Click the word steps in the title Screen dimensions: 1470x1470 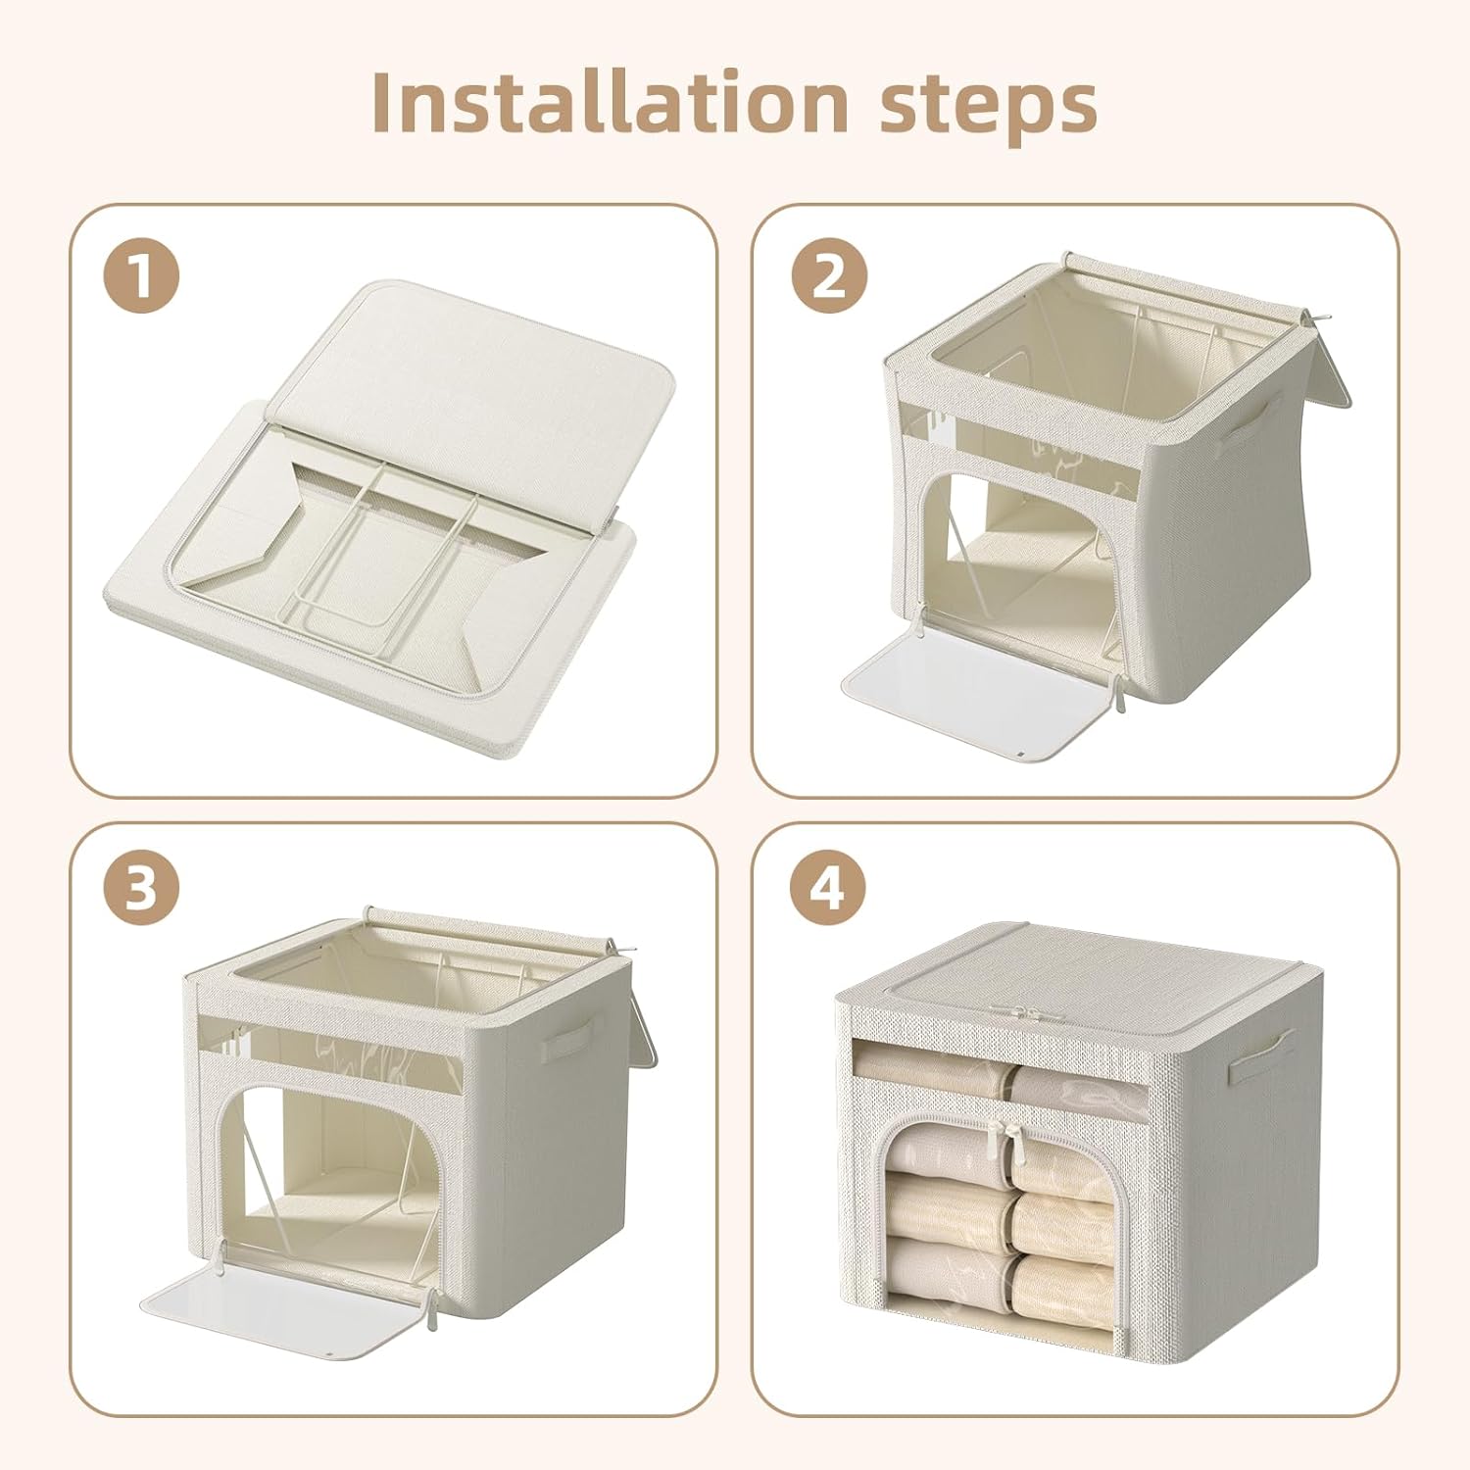click(x=988, y=106)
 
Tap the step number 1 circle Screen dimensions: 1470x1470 click(x=141, y=276)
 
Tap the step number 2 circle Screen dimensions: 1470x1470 click(x=829, y=276)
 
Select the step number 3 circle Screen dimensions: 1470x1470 click(x=141, y=888)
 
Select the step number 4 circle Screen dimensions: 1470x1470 click(x=829, y=888)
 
